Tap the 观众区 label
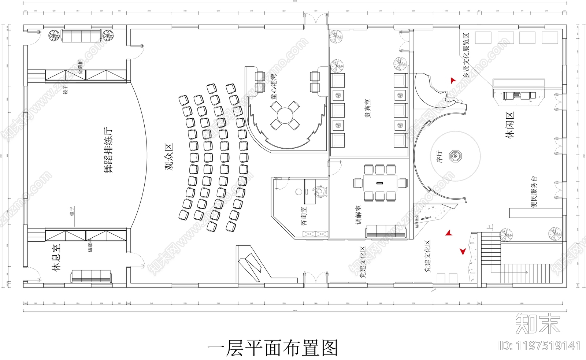[x=169, y=157]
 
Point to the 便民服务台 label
[x=534, y=192]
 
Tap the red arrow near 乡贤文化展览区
[x=453, y=80]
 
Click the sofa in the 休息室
[x=91, y=276]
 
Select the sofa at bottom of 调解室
[x=386, y=231]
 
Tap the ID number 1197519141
[x=540, y=345]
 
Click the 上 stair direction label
[x=491, y=227]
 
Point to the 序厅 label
[x=440, y=156]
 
